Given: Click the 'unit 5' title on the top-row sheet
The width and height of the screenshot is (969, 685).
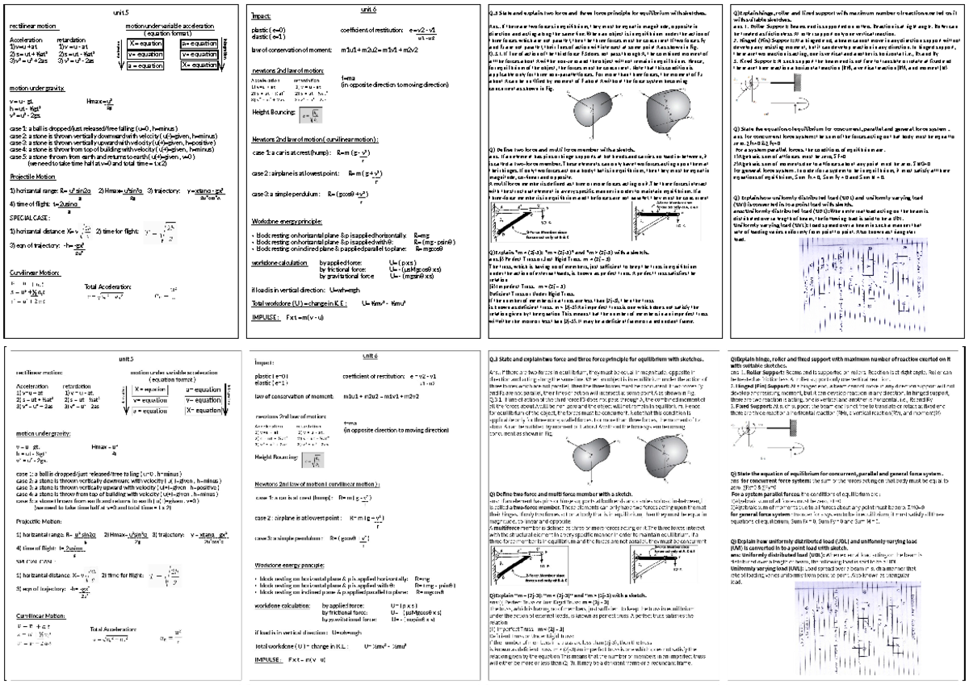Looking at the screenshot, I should (x=120, y=14).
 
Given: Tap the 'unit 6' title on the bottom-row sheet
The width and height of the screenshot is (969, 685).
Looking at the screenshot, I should (x=368, y=355).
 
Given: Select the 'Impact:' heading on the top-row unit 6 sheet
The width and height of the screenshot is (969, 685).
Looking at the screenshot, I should (x=261, y=16).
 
